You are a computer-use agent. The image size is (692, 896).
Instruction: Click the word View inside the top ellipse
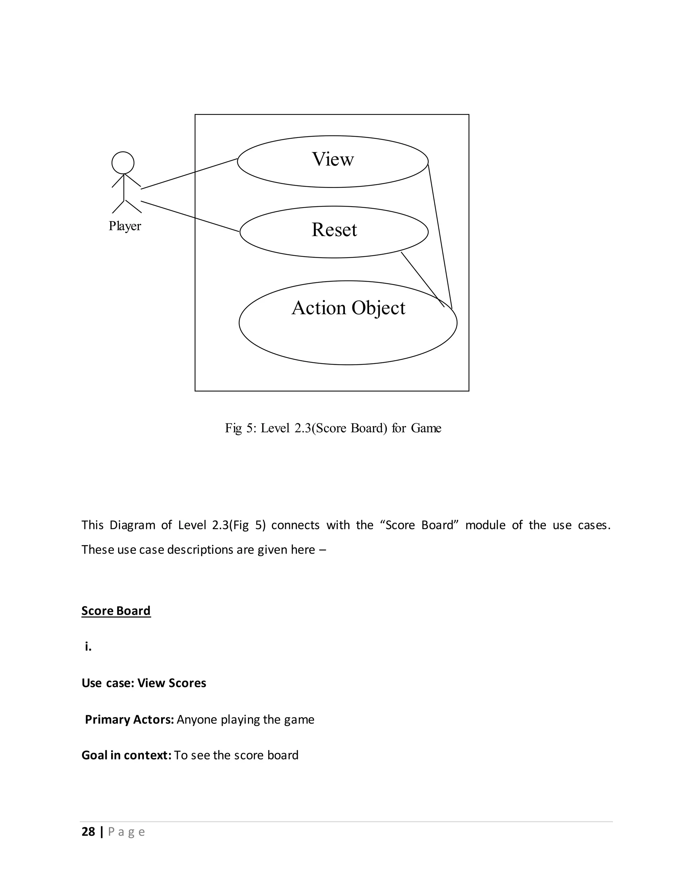(x=332, y=159)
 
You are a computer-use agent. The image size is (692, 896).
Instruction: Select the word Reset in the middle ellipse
(x=334, y=230)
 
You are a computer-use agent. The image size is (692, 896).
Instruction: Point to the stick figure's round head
(x=123, y=163)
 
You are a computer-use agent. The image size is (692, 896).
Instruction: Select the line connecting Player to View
(x=189, y=174)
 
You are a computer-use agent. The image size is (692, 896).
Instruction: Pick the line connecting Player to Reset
(x=190, y=216)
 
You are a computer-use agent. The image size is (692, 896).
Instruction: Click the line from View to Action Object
(x=440, y=236)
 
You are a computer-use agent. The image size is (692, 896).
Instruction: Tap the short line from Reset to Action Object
(x=422, y=279)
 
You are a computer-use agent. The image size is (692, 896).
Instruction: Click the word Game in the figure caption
(x=426, y=428)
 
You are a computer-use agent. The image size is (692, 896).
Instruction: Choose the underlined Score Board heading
(x=116, y=611)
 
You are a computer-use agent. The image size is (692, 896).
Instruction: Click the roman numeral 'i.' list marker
(x=88, y=647)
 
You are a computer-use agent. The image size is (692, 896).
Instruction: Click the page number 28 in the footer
(x=88, y=832)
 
